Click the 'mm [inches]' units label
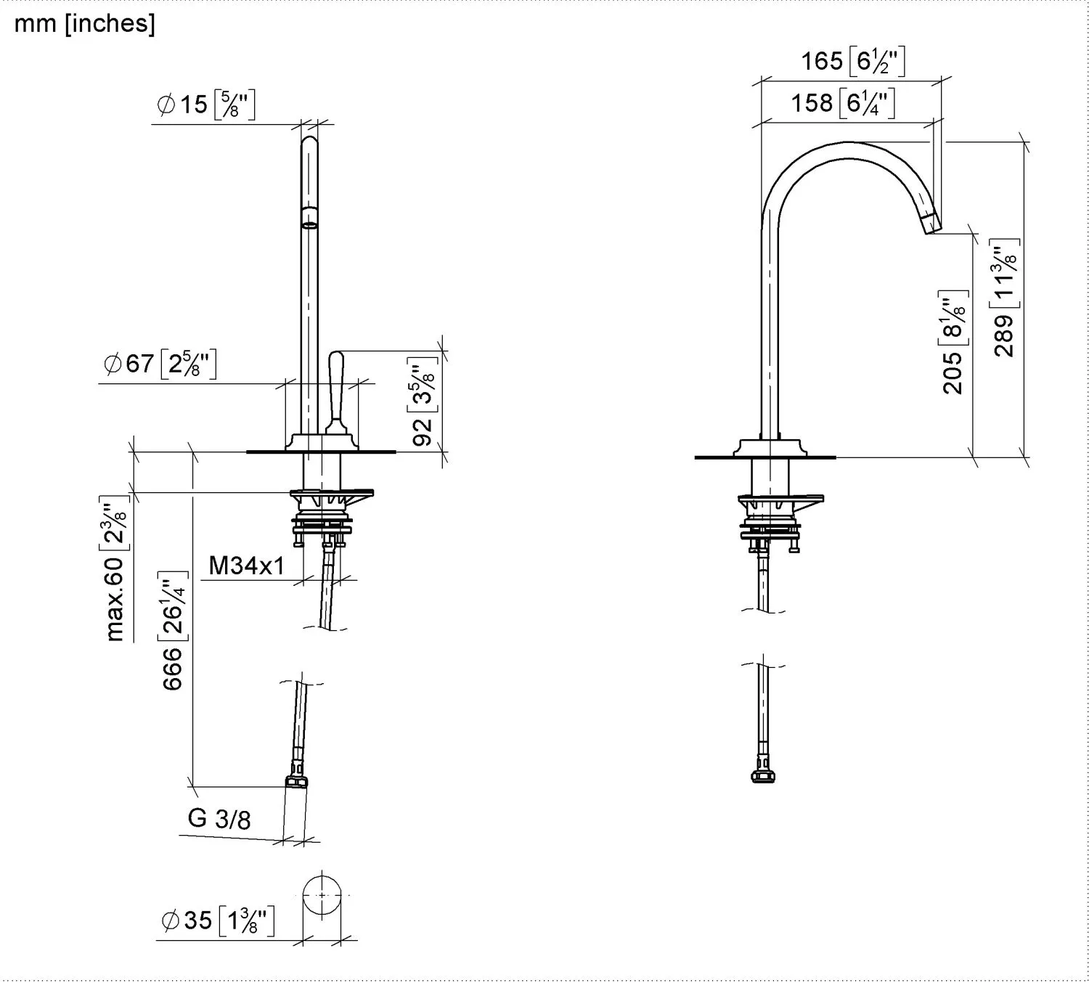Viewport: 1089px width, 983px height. click(x=84, y=23)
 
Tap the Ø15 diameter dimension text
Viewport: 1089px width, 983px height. click(x=205, y=105)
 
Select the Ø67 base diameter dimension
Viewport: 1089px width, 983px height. click(x=160, y=363)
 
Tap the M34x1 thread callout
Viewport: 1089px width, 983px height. click(x=247, y=565)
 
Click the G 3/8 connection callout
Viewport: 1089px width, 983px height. click(x=219, y=818)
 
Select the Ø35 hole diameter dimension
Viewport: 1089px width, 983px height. click(x=216, y=921)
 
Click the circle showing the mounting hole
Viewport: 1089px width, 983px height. click(x=321, y=894)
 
